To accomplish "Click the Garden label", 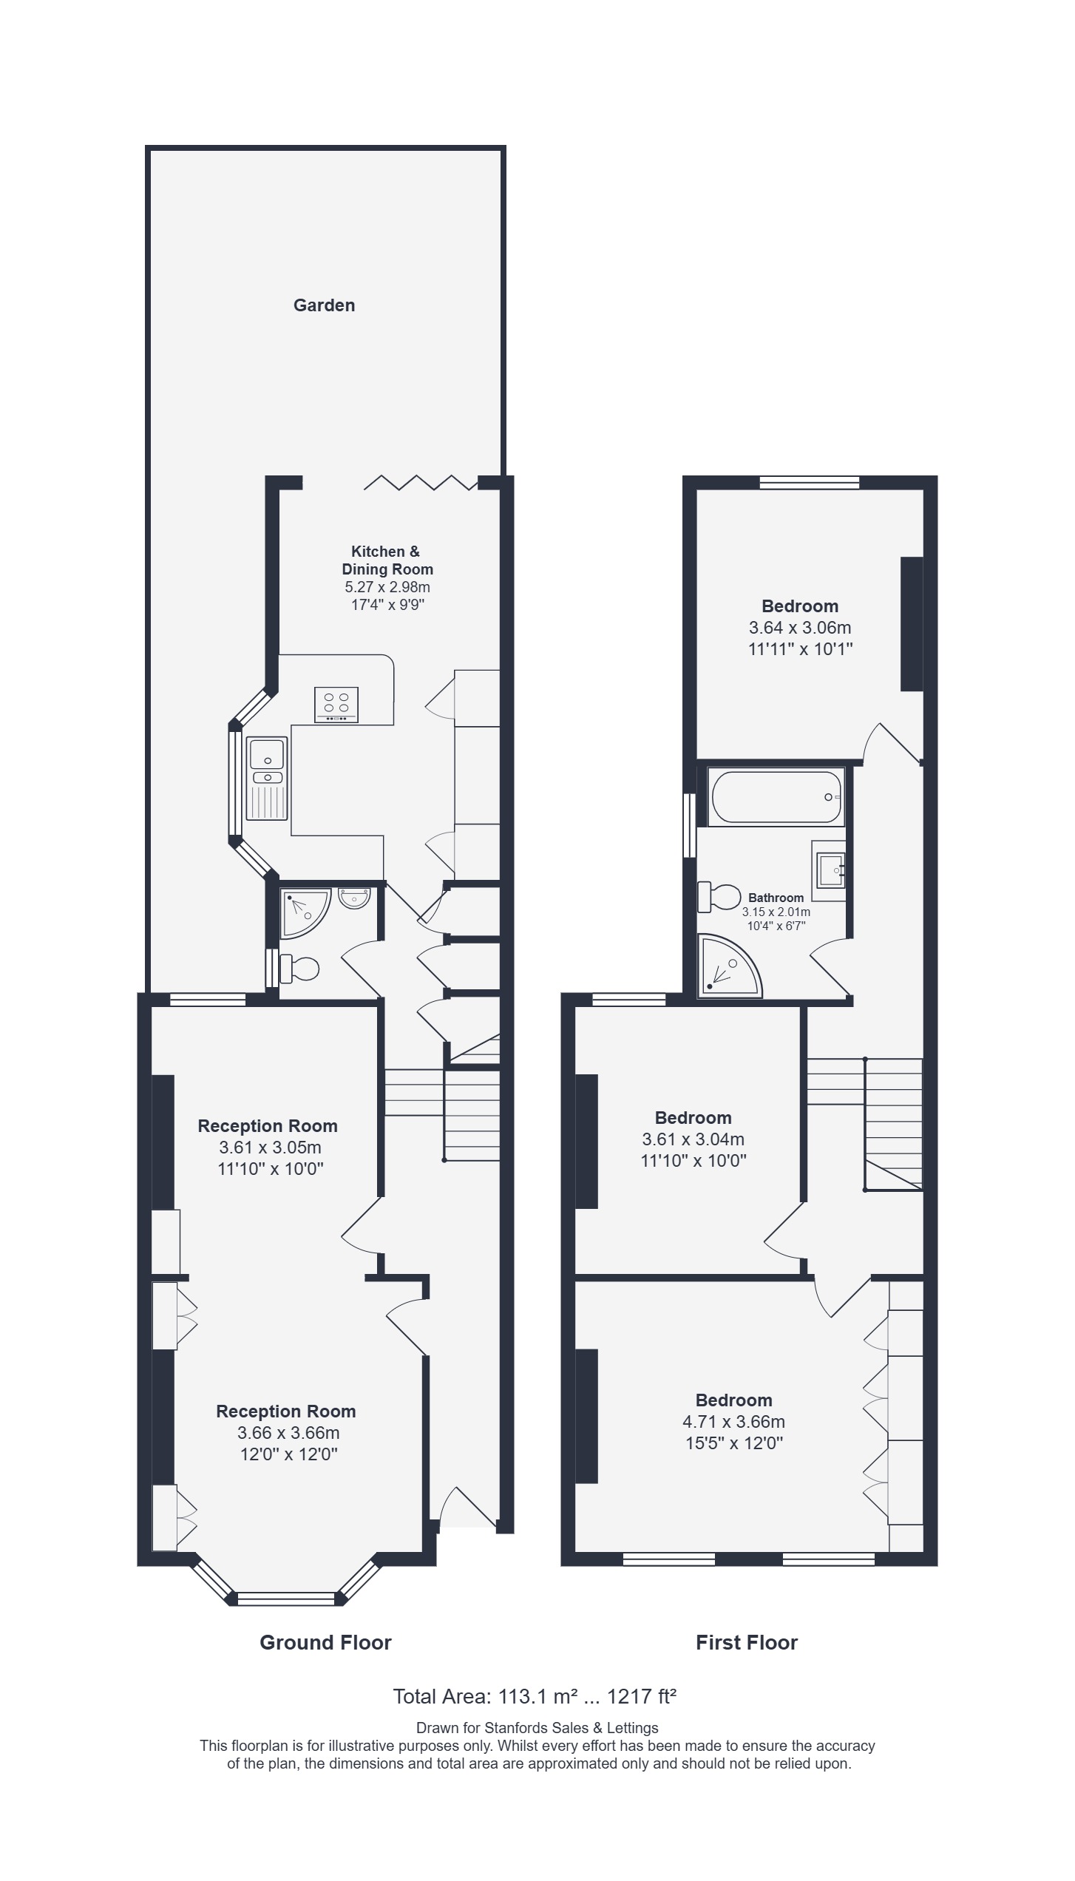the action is coord(324,305).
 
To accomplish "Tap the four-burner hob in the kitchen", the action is coord(336,704).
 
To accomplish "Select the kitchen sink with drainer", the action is coord(266,779).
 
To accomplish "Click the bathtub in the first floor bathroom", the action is coord(776,797).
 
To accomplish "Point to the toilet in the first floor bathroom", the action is coord(719,897).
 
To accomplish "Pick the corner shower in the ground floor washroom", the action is coord(305,914).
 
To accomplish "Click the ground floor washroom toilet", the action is coord(299,968).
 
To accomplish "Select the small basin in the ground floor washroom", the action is coord(355,898).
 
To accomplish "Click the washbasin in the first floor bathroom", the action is coord(830,870).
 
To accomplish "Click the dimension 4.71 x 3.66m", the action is coord(733,1421).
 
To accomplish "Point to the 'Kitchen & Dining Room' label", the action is coord(387,560).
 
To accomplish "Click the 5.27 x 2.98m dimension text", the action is coord(387,588).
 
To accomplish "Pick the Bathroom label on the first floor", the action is coord(776,898).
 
